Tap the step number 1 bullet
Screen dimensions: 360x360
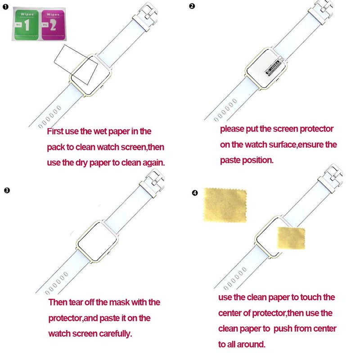(5, 7)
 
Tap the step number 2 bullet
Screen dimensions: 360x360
(193, 6)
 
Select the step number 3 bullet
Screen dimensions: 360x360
(6, 190)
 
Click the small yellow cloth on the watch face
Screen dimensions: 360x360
(291, 238)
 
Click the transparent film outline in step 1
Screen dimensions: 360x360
(76, 63)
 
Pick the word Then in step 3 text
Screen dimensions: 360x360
(58, 302)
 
